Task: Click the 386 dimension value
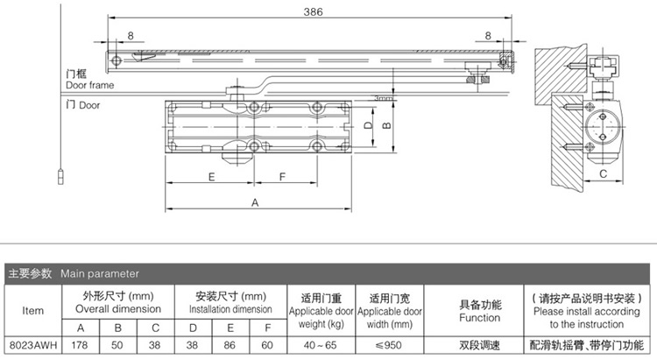point(313,11)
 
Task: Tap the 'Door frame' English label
point(89,85)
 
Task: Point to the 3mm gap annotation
point(383,98)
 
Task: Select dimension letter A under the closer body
point(255,203)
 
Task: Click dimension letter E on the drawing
point(212,177)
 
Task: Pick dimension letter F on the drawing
point(282,177)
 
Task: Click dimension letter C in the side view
point(603,173)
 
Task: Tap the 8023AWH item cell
point(33,345)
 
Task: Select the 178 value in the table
point(80,345)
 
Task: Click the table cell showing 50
point(117,345)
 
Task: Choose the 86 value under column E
point(230,345)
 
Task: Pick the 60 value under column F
point(267,345)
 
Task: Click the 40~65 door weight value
point(321,345)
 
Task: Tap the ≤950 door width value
point(389,345)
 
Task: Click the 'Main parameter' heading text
point(99,273)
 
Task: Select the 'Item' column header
point(32,311)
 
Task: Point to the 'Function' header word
point(480,318)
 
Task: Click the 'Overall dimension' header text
point(118,309)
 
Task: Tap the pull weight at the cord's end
point(60,176)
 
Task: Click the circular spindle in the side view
point(603,126)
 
